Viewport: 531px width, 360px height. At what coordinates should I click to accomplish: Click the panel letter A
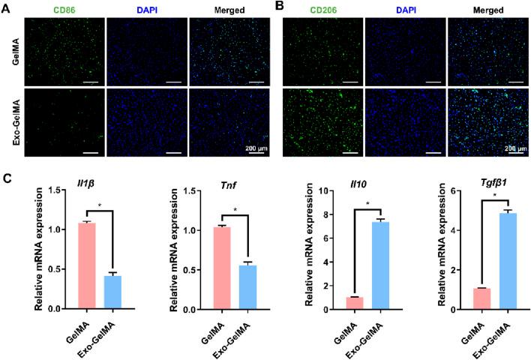(x=7, y=6)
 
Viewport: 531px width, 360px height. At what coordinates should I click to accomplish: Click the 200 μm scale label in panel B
(x=508, y=148)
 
